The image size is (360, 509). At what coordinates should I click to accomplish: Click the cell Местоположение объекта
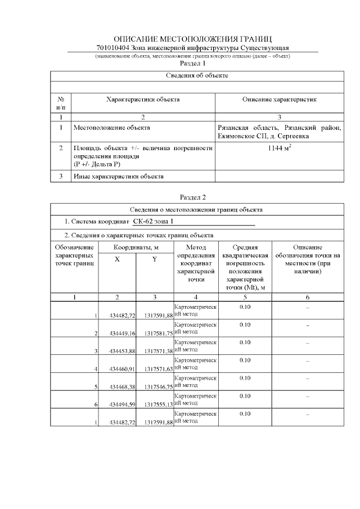112,128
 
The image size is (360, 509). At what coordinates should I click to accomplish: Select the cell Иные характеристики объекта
119,177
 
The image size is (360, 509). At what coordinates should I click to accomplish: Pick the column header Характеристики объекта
143,100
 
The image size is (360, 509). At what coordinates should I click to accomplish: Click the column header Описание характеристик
280,100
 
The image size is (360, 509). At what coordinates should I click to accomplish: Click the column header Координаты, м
136,247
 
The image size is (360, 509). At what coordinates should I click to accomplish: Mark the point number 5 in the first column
96,387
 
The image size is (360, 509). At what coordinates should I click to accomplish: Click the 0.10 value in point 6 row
245,396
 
